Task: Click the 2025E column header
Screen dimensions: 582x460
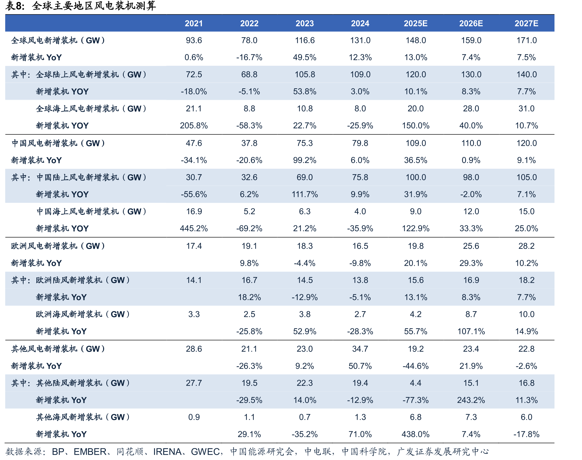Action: pyautogui.click(x=415, y=23)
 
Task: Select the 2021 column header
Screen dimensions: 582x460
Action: pyautogui.click(x=194, y=23)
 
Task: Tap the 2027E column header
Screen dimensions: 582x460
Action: pyautogui.click(x=526, y=23)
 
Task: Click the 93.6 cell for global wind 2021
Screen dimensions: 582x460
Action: pyautogui.click(x=194, y=40)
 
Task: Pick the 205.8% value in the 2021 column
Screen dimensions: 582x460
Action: pyautogui.click(x=194, y=126)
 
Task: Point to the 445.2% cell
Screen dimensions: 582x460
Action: pyautogui.click(x=194, y=229)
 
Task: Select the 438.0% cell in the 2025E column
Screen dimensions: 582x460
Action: pyautogui.click(x=415, y=434)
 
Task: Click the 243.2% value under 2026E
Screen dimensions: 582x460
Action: pyautogui.click(x=471, y=400)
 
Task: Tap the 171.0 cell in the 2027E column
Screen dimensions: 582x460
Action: pyautogui.click(x=526, y=40)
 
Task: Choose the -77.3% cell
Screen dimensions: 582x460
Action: pyautogui.click(x=415, y=400)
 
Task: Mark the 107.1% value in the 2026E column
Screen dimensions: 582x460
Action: pyautogui.click(x=471, y=331)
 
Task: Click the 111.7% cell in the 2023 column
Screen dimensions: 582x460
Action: pyautogui.click(x=305, y=195)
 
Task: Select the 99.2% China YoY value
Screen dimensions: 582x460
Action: pyautogui.click(x=305, y=161)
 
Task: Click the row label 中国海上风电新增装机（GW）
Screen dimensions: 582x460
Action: pyautogui.click(x=91, y=212)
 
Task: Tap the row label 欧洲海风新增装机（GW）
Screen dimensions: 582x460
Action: pyautogui.click(x=83, y=314)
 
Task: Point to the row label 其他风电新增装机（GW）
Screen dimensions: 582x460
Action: pyautogui.click(x=58, y=349)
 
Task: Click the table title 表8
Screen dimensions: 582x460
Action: pyautogui.click(x=15, y=6)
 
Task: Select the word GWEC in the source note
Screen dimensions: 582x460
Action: pyautogui.click(x=205, y=452)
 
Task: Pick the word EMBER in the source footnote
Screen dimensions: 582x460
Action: pyautogui.click(x=90, y=452)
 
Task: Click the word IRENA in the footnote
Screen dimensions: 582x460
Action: pyautogui.click(x=167, y=452)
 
